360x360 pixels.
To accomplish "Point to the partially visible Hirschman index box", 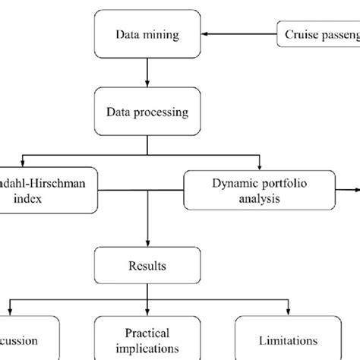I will [x=46, y=190].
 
